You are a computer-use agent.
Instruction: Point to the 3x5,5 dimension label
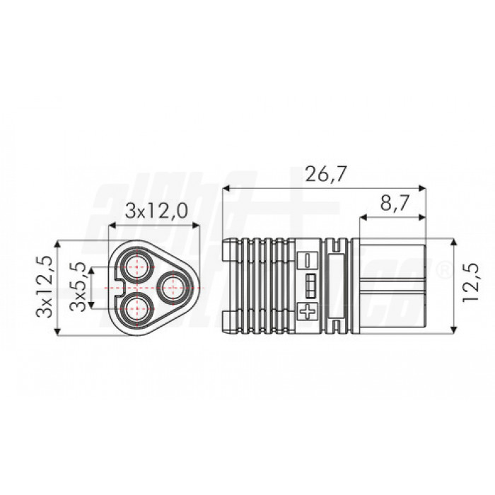(x=80, y=286)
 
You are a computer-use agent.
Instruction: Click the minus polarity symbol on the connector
(x=308, y=260)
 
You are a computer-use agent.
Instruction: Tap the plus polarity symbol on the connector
(x=308, y=310)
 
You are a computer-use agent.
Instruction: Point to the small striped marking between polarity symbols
(x=309, y=285)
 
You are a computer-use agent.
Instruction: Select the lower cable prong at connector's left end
(x=228, y=324)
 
